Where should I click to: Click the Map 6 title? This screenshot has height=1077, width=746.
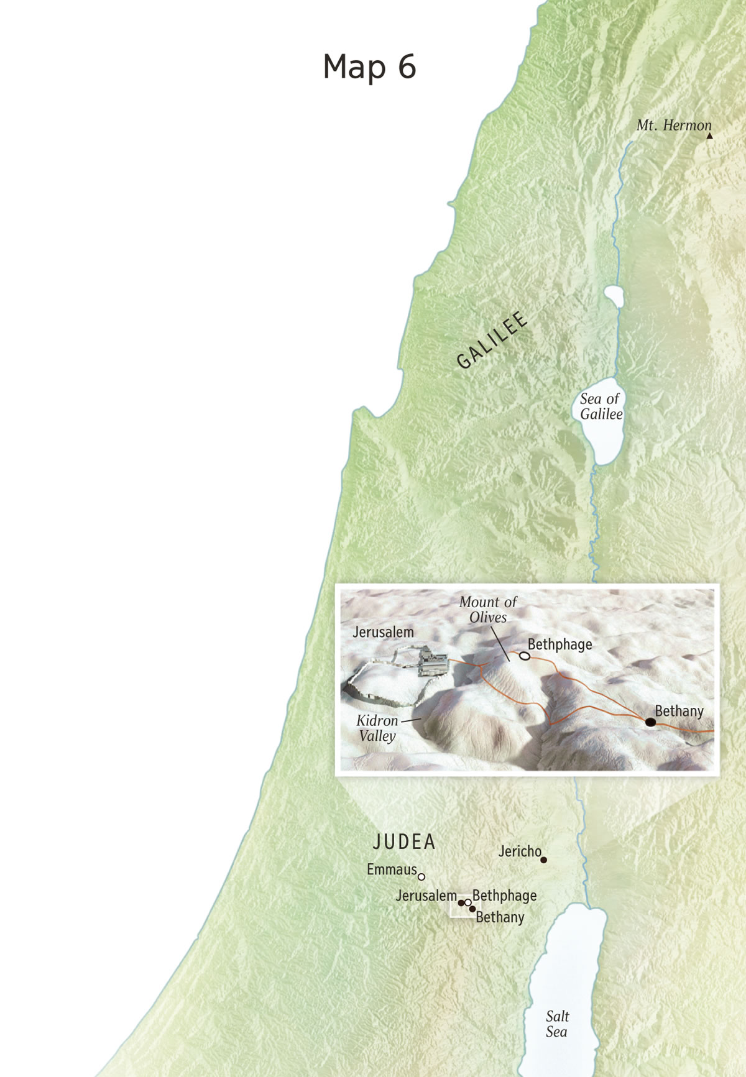coord(369,66)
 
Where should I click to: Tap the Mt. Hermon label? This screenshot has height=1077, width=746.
coord(673,126)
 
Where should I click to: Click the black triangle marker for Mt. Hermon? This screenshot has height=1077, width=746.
coord(709,135)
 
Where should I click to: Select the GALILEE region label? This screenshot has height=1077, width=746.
coord(492,341)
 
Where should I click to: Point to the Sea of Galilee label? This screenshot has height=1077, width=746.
coord(601,406)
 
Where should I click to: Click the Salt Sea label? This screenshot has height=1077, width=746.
coord(557,1024)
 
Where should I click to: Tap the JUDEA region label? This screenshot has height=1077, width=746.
coord(404,842)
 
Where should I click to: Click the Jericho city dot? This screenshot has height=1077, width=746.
coord(544,860)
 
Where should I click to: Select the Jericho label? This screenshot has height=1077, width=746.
coord(520,851)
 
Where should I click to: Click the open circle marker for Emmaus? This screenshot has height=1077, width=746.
coord(421,877)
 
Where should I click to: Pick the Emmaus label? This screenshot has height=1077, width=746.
coord(392,869)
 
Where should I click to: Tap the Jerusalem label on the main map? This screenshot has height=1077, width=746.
coord(426,896)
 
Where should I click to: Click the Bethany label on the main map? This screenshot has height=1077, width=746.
coord(500,917)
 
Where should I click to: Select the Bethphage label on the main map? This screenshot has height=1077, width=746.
coord(504,896)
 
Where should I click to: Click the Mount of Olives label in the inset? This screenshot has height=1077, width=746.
coord(488,610)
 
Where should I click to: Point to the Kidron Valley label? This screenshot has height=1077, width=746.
coord(377,728)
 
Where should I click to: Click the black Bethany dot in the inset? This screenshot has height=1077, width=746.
coord(650,722)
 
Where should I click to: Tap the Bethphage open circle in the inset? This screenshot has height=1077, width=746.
coord(525,656)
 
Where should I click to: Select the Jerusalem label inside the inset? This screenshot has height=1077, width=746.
coord(383,632)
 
